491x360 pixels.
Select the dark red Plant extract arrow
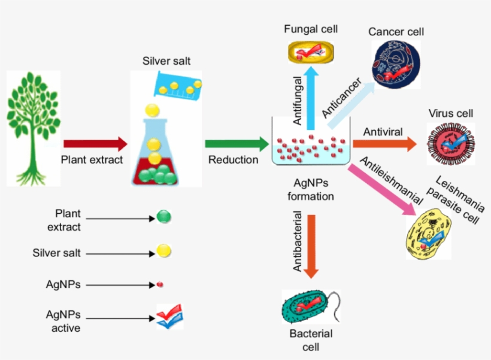95,144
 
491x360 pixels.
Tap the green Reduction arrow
237,144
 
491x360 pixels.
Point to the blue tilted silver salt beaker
177,84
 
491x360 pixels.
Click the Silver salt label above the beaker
166,61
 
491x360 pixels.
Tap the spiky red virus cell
450,144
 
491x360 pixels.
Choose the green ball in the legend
163,217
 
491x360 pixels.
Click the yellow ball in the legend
163,252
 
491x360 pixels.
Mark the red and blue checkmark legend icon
169,316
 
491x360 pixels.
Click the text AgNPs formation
311,190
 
